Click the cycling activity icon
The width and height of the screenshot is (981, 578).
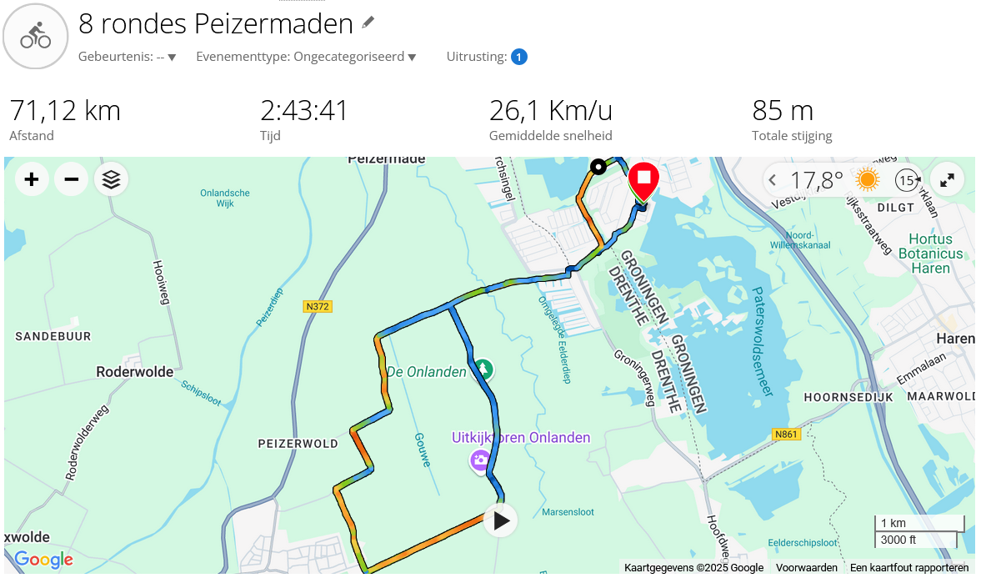tap(36, 36)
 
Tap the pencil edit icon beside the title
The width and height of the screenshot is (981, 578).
tap(368, 23)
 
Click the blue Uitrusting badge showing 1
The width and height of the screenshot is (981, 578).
tap(518, 57)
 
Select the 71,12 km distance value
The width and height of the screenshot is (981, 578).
tap(65, 110)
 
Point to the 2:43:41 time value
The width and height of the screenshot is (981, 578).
tap(303, 110)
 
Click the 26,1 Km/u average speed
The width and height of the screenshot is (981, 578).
tap(550, 110)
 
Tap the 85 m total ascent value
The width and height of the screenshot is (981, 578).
tap(782, 110)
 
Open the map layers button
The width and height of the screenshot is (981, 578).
tap(112, 179)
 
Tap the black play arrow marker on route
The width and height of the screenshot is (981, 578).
tap(500, 521)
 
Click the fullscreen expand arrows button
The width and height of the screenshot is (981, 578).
tap(948, 179)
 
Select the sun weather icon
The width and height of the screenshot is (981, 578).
tap(867, 179)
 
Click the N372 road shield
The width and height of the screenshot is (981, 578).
tap(318, 307)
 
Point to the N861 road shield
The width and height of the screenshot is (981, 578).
tap(786, 435)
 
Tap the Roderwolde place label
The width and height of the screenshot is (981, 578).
tap(135, 372)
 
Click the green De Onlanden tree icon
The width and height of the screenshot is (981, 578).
tap(483, 369)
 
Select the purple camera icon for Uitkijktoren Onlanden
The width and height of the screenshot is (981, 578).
tap(480, 459)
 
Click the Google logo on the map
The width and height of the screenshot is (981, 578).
tap(43, 560)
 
